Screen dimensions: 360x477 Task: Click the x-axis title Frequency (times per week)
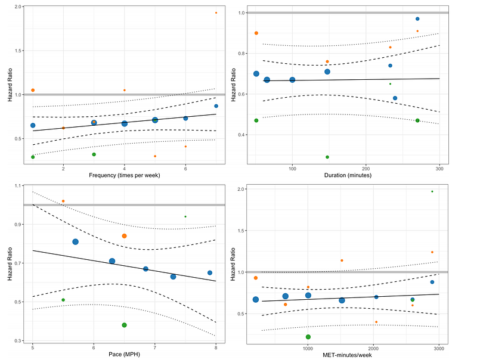tap(124, 175)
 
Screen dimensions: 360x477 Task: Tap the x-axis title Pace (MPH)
tap(124, 355)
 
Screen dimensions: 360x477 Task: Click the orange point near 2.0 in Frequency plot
tap(216, 13)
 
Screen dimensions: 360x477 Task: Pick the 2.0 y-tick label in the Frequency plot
tap(18, 7)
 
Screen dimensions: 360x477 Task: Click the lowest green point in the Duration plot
tap(327, 157)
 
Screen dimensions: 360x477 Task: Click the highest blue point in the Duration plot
tap(417, 19)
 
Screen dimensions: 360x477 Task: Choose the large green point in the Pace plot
tap(124, 325)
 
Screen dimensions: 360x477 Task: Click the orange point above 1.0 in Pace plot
tap(63, 201)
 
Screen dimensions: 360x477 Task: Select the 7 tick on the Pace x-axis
tap(155, 347)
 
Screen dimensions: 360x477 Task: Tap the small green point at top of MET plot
tap(432, 191)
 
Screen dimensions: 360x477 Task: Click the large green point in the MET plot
tap(308, 337)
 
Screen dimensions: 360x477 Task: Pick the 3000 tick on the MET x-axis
tap(439, 347)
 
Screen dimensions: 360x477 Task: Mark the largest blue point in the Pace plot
tap(76, 241)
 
